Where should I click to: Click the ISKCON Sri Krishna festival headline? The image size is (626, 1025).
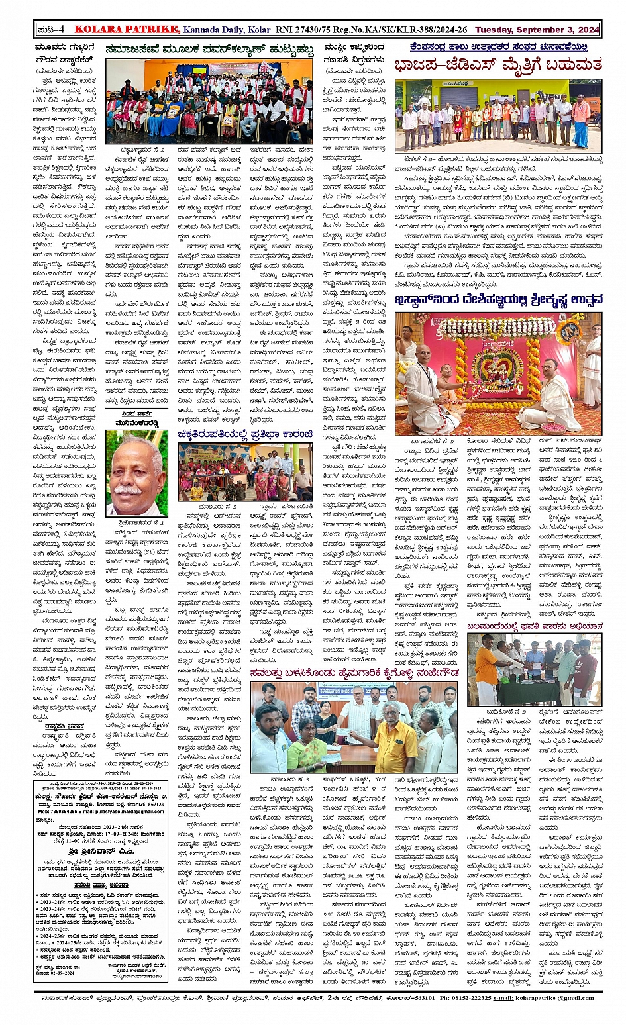click(498, 301)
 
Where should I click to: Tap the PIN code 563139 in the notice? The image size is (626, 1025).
click(154, 805)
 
